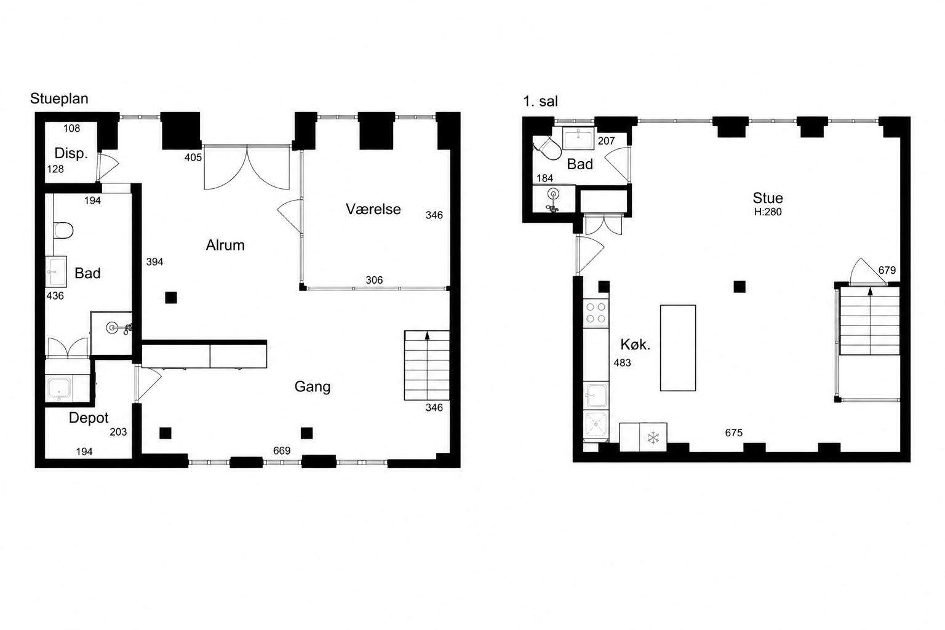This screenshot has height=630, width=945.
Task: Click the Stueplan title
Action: (x=59, y=98)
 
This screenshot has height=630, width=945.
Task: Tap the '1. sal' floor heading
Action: (x=540, y=102)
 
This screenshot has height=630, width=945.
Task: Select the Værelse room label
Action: (x=373, y=209)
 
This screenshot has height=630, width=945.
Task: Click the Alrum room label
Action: (x=225, y=245)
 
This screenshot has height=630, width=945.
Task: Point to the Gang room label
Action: (x=313, y=386)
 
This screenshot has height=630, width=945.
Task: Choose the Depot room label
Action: (x=89, y=418)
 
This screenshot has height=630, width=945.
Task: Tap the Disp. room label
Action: (x=71, y=153)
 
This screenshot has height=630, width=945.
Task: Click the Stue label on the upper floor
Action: (x=768, y=198)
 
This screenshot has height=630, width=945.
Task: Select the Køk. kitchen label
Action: (x=636, y=345)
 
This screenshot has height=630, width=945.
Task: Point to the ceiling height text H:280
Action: (x=768, y=212)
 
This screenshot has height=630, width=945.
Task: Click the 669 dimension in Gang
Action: (x=282, y=451)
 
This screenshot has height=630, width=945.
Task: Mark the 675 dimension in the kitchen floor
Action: (x=733, y=433)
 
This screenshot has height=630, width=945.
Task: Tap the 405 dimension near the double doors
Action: (x=193, y=157)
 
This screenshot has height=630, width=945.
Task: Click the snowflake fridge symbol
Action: (x=653, y=437)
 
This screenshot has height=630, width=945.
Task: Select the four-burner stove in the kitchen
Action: (x=596, y=313)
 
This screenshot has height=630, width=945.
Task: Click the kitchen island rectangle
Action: (x=678, y=348)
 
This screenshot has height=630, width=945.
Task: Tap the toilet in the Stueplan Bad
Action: (x=63, y=230)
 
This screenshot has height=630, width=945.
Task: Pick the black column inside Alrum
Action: (x=171, y=298)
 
